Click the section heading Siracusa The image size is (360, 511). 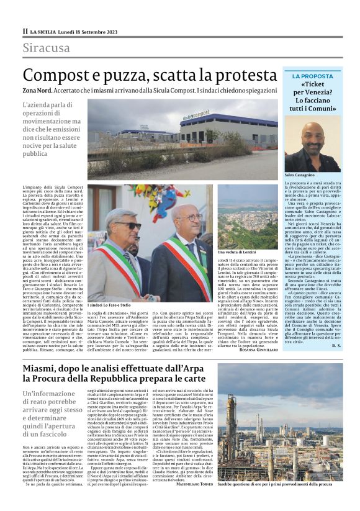(46, 48)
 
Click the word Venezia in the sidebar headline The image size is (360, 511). (319, 92)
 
